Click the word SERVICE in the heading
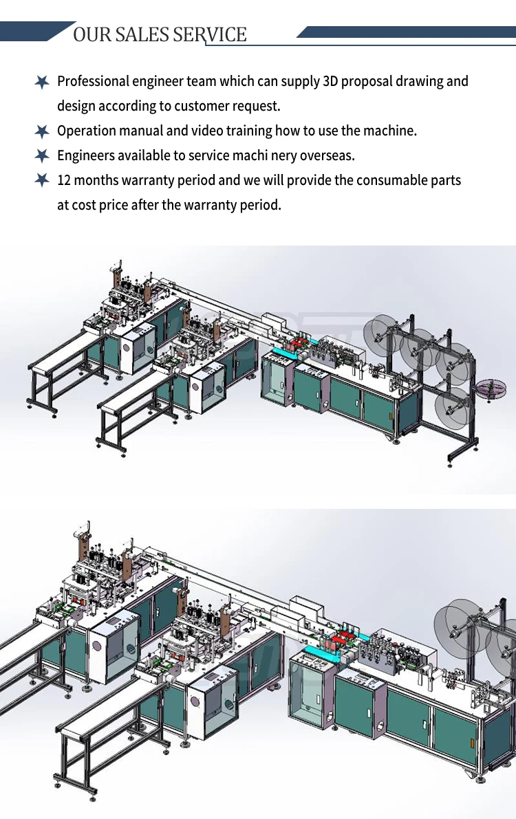click(209, 34)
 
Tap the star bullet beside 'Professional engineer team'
click(42, 82)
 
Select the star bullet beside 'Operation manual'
click(42, 131)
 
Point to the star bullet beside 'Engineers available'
click(42, 155)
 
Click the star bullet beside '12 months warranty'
click(42, 180)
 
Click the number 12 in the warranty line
click(64, 180)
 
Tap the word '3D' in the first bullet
click(331, 81)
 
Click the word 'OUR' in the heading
click(87, 34)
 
